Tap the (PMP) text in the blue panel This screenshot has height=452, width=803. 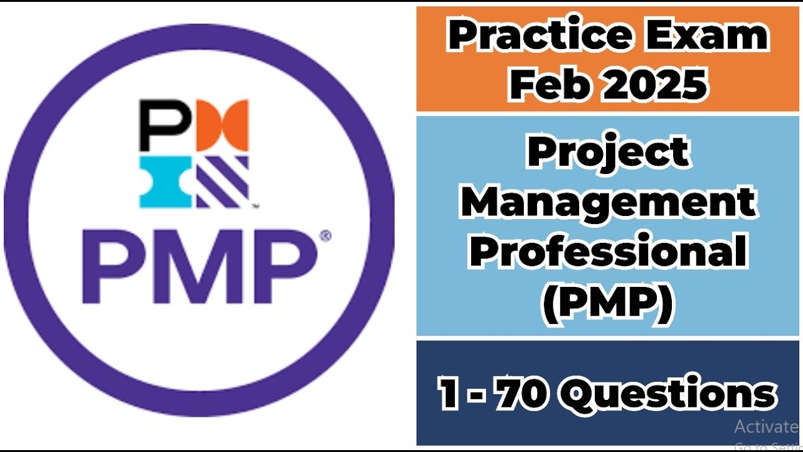point(607,302)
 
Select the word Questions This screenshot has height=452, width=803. point(667,394)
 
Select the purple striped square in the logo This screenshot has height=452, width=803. point(222,182)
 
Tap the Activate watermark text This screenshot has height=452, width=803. point(765,427)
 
